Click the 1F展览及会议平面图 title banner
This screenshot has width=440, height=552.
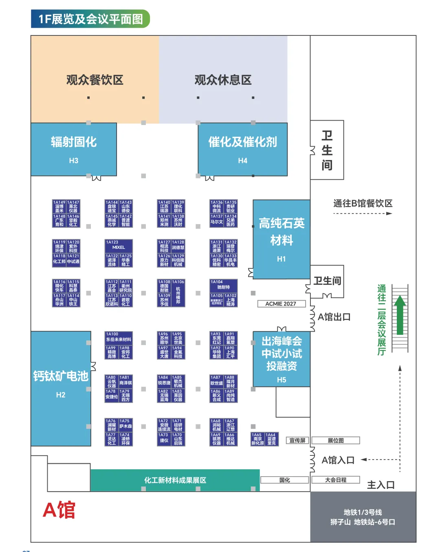pos(90,19)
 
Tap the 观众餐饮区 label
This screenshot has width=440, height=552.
pos(95,80)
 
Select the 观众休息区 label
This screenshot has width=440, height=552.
pos(223,80)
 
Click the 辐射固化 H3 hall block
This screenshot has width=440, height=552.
pos(74,149)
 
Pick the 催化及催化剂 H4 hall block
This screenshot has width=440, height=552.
pos(242,149)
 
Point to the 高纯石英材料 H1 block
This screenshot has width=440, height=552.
pos(281,239)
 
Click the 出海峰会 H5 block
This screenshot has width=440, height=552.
pos(281,359)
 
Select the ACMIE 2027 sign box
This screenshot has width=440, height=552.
pos(281,304)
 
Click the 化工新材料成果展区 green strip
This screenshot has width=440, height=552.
pos(175,480)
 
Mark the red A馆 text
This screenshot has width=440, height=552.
pos(59,510)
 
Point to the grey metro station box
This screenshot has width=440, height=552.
pos(363,517)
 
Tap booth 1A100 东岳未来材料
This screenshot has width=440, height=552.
pos(119,337)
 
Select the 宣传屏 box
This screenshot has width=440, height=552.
pos(297,440)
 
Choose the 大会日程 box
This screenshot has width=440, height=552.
pos(336,480)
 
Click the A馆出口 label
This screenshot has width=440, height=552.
pos(334,317)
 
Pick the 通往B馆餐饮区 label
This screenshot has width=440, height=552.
pos(363,203)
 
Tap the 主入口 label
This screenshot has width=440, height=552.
pos(381,485)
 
